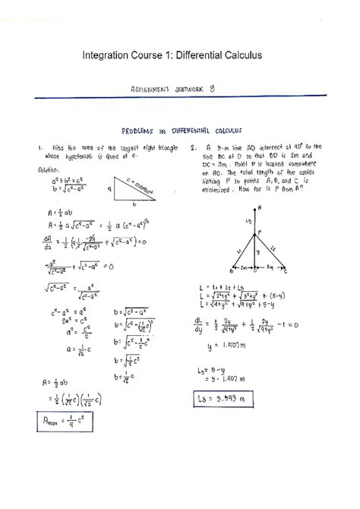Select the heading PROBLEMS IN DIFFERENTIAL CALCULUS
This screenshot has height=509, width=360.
pos(181,131)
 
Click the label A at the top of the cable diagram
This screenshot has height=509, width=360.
pos(259,207)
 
